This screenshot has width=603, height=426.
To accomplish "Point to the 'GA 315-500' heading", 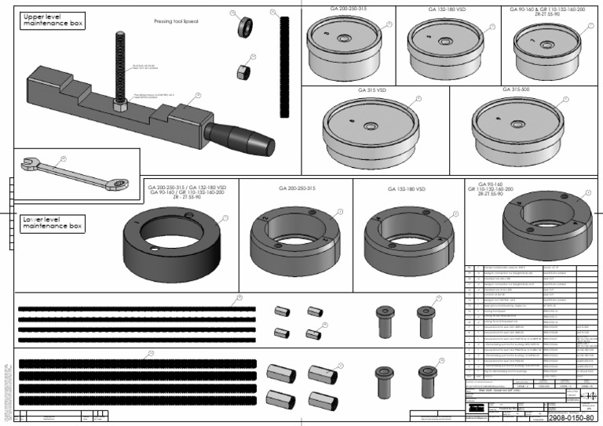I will click(517, 89).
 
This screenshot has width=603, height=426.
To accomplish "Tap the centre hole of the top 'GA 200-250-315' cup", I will click(343, 37).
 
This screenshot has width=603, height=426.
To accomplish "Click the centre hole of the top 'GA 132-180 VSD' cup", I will click(445, 35).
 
